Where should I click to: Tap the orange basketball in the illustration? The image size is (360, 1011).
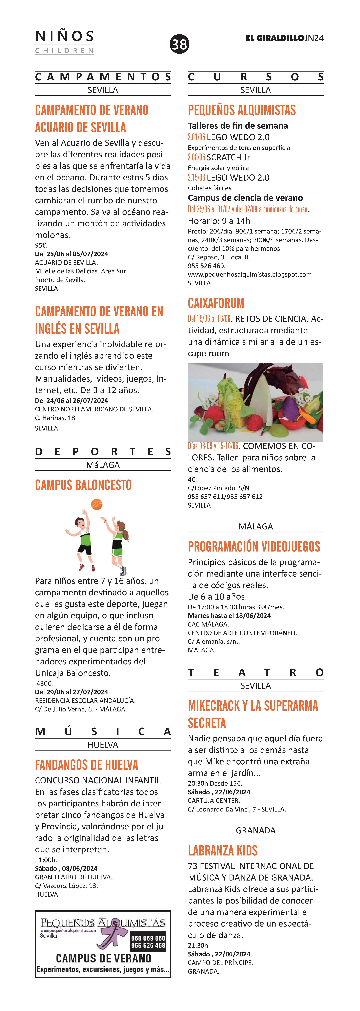pyautogui.click(x=97, y=504)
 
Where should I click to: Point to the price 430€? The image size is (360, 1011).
pyautogui.click(x=44, y=683)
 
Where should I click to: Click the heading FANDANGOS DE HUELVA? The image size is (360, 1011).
pyautogui.click(x=86, y=765)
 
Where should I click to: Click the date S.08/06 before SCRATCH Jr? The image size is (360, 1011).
pyautogui.click(x=196, y=157)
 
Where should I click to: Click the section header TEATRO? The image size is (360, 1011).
pyautogui.click(x=256, y=673)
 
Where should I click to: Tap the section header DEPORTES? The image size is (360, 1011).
pyautogui.click(x=103, y=452)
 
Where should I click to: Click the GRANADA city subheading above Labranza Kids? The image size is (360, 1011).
pyautogui.click(x=256, y=830)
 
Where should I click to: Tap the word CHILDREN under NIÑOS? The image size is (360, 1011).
pyautogui.click(x=64, y=51)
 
